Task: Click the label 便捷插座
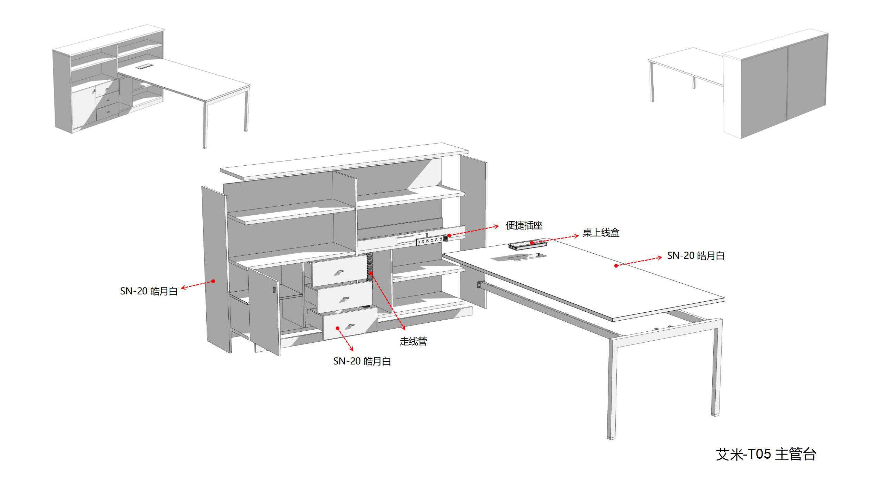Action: tap(524, 225)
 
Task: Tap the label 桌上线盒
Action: tap(601, 233)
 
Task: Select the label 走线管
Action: tap(414, 341)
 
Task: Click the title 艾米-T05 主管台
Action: tap(766, 454)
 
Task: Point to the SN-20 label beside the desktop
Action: tap(696, 256)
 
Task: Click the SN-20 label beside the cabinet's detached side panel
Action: tap(149, 291)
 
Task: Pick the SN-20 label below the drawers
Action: tap(362, 361)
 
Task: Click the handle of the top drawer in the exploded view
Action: tap(340, 272)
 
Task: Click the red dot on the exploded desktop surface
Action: tap(616, 265)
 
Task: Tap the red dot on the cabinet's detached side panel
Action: tap(213, 281)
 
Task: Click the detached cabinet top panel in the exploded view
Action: tap(344, 161)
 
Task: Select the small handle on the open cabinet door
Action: tap(274, 290)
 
